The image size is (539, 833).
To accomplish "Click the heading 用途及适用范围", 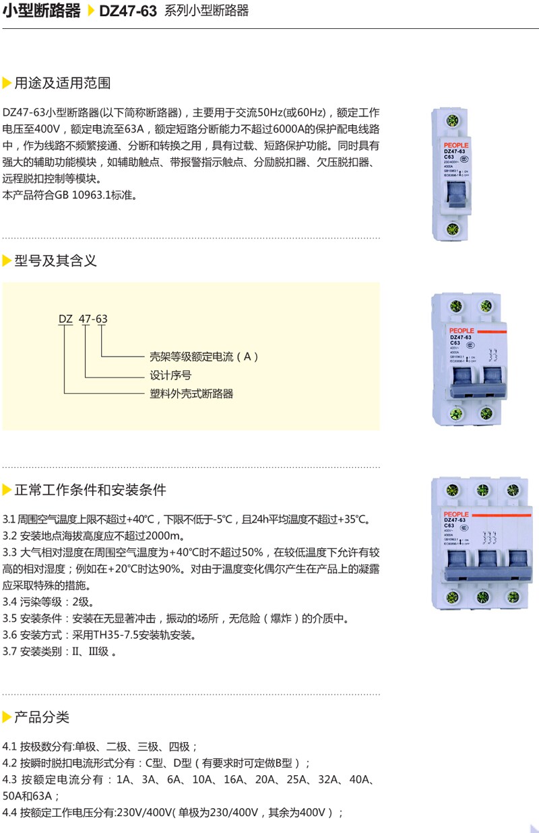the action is tap(62, 83).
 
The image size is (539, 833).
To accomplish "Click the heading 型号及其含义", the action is tap(55, 260).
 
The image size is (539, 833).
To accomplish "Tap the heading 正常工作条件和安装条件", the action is tap(90, 489).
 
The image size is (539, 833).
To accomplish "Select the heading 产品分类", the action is tap(42, 717).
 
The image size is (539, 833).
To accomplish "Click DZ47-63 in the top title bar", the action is tap(128, 11).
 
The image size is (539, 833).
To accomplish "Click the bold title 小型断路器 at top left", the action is tap(42, 11).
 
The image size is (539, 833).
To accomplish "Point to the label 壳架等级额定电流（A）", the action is tap(204, 357).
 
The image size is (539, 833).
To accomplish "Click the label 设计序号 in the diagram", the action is tap(170, 375).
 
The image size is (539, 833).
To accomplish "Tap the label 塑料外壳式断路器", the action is tap(191, 394).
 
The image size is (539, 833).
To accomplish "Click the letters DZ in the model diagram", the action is tap(65, 318).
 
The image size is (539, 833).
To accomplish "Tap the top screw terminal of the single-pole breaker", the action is tap(454, 122).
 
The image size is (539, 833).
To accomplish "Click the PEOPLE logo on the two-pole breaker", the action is tap(460, 330).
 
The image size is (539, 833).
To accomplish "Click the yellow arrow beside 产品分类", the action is tap(7, 717).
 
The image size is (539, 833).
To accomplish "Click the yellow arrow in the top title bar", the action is tap(91, 11).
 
